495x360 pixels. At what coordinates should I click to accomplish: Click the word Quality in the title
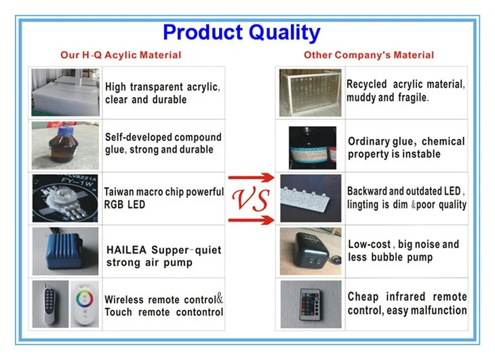[284, 33]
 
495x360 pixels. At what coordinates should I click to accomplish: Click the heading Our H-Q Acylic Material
[121, 55]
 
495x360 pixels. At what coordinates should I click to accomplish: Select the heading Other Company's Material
[369, 55]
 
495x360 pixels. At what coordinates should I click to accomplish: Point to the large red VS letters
[251, 199]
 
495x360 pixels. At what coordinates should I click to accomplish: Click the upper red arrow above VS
[252, 178]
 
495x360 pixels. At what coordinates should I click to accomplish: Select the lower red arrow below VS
[252, 220]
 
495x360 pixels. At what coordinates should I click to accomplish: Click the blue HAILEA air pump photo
[65, 251]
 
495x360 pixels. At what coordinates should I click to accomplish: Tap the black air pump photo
[311, 251]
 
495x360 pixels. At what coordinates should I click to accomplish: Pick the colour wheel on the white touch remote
[84, 299]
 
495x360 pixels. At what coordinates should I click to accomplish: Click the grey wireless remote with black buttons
[50, 304]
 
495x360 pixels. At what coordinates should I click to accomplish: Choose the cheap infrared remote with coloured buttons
[311, 304]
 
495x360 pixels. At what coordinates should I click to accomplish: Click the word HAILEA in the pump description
[127, 250]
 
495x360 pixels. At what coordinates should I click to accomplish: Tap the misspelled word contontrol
[199, 313]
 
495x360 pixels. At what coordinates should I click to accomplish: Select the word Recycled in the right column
[367, 84]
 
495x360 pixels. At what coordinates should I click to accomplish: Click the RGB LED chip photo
[65, 198]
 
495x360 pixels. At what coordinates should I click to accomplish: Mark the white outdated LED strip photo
[311, 198]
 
